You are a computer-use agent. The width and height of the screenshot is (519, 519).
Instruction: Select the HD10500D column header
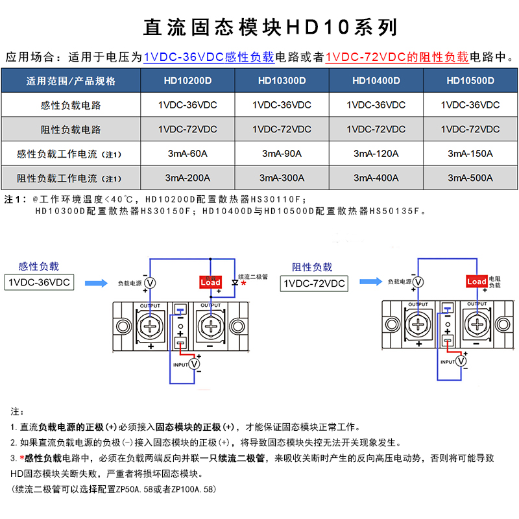(x=470, y=81)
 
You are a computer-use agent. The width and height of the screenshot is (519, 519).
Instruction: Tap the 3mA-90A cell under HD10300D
(x=282, y=154)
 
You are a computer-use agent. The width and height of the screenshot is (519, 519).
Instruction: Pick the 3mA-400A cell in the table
(x=376, y=178)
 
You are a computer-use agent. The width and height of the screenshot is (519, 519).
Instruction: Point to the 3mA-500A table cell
(x=470, y=178)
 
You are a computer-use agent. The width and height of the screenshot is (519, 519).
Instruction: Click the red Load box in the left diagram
(x=210, y=282)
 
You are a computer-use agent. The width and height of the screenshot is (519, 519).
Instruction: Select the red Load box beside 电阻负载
(x=477, y=282)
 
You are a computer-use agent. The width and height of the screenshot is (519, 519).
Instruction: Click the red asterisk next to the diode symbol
(x=243, y=284)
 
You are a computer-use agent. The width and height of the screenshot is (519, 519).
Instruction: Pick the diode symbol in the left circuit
(x=234, y=282)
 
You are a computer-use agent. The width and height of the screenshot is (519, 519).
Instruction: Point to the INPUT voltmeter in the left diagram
(x=195, y=365)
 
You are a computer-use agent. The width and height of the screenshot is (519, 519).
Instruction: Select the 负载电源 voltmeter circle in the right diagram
(x=418, y=282)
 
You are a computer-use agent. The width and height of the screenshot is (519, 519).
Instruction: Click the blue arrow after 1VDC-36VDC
(x=96, y=283)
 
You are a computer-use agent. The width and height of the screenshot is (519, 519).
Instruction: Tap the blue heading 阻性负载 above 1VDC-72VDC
(x=312, y=267)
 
